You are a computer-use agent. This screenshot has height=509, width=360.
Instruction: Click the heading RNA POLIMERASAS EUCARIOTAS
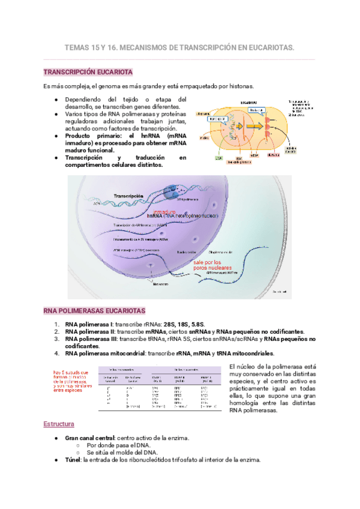(x=95, y=312)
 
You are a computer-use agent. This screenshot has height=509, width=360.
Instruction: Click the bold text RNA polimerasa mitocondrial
(x=105, y=354)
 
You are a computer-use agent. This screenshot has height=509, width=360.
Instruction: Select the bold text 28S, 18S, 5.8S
(x=188, y=324)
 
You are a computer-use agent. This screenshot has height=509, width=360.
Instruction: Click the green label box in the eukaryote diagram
(x=220, y=158)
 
